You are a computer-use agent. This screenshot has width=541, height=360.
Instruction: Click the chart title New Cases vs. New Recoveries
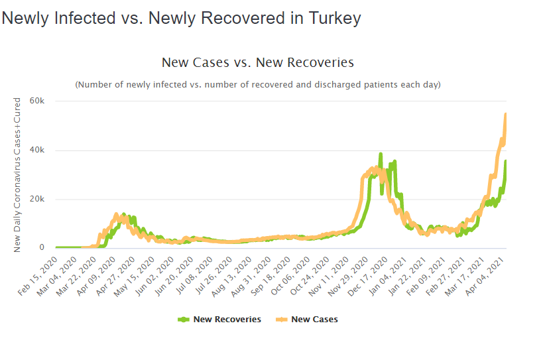click(x=258, y=62)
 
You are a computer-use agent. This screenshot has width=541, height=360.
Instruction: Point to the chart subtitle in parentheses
click(x=258, y=85)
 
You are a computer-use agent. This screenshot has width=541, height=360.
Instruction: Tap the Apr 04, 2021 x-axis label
click(x=496, y=277)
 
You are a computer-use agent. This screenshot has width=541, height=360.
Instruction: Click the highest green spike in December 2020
click(x=381, y=154)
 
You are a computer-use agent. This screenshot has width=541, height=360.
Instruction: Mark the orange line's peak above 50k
click(x=506, y=114)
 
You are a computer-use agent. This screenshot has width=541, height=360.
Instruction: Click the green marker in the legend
click(x=184, y=320)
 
